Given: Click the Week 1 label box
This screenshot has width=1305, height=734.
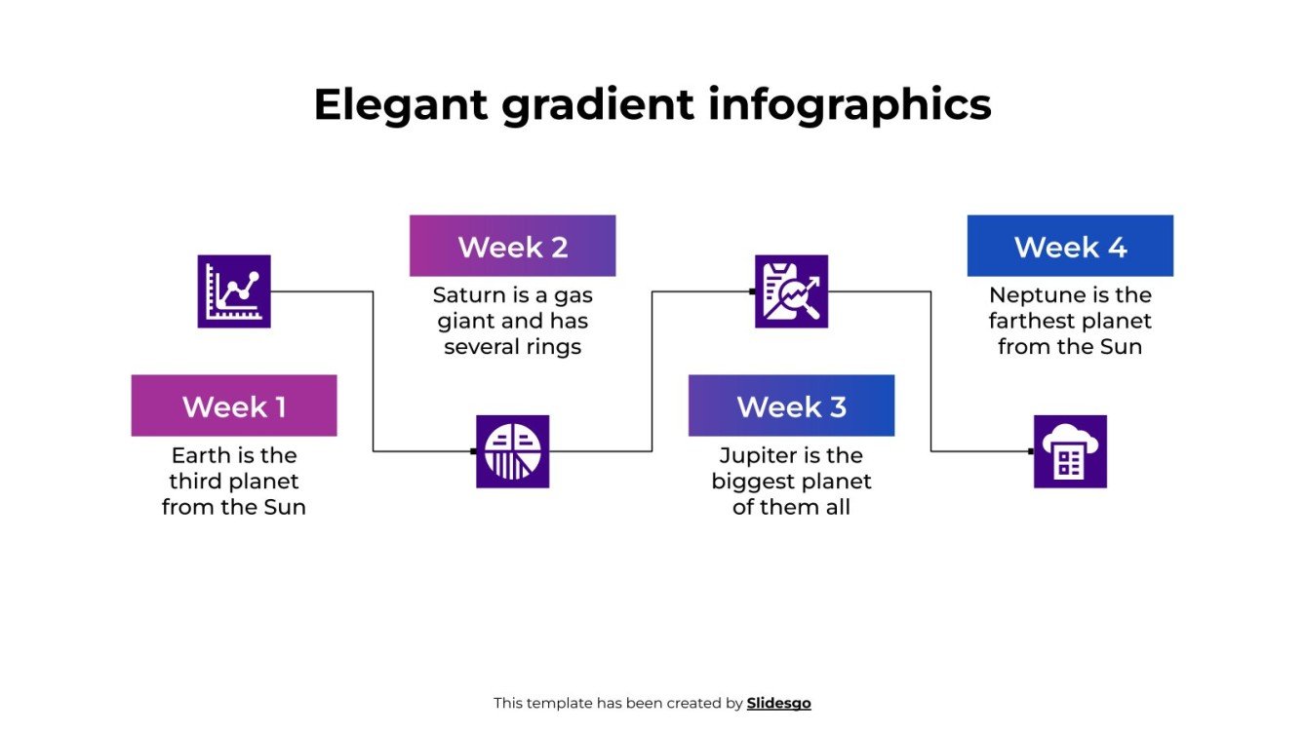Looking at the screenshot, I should (x=234, y=406).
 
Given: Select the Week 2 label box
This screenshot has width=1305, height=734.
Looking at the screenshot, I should (x=512, y=246).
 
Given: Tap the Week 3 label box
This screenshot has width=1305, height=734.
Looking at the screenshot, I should (x=791, y=406).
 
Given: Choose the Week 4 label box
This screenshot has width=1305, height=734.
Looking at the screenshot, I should (x=1070, y=246).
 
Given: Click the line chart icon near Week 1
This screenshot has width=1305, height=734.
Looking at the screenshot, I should (x=234, y=291).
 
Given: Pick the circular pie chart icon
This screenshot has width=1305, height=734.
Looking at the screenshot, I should (x=512, y=451).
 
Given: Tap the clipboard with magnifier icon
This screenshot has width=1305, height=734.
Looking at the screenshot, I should (x=791, y=291).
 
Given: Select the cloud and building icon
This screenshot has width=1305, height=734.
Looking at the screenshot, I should (x=1070, y=451).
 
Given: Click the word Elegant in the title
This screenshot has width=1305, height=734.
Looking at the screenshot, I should (x=400, y=104).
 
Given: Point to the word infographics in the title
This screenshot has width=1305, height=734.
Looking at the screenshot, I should (x=850, y=104).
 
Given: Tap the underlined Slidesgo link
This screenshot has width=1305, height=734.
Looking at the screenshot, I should (x=778, y=703).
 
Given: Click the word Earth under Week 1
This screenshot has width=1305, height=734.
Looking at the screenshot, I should (x=199, y=455).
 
